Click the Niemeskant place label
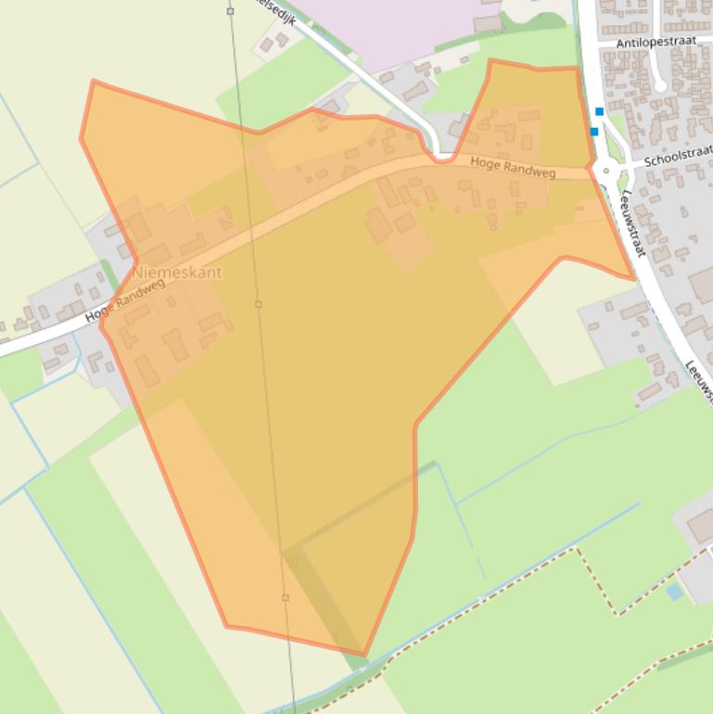177,274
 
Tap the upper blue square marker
599,111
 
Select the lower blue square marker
594,132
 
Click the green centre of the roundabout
607,170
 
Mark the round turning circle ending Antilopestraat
660,86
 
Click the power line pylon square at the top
230,11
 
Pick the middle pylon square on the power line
259,304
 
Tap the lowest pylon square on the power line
286,597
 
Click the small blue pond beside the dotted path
674,591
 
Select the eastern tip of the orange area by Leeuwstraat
635,278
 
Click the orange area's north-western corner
93,82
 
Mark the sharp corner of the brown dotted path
579,549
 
